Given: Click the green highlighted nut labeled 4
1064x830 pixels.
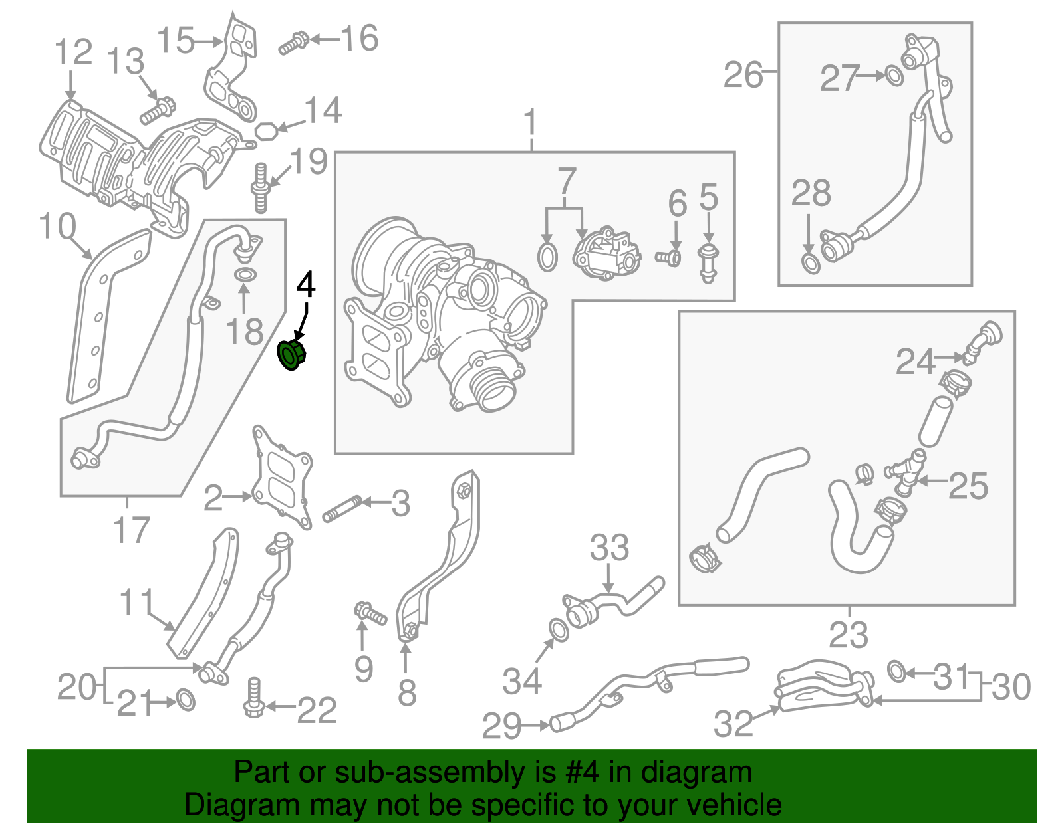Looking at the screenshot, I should click(291, 354).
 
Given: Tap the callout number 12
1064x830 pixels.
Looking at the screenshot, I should click(72, 52).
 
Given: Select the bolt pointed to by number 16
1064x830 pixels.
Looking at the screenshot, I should click(293, 43).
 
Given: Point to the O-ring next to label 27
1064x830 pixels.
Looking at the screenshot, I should click(894, 76).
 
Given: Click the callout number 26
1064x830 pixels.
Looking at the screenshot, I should click(742, 75).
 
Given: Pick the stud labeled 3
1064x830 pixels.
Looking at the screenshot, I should click(342, 509).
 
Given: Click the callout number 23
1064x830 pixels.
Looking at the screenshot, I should click(848, 635).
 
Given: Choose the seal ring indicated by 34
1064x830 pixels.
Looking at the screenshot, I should click(559, 630).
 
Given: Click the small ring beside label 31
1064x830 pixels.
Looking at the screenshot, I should click(896, 671).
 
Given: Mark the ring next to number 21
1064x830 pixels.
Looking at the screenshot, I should click(186, 700).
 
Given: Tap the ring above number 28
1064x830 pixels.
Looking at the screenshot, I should click(809, 262).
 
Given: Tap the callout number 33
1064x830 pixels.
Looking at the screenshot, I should click(609, 548).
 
